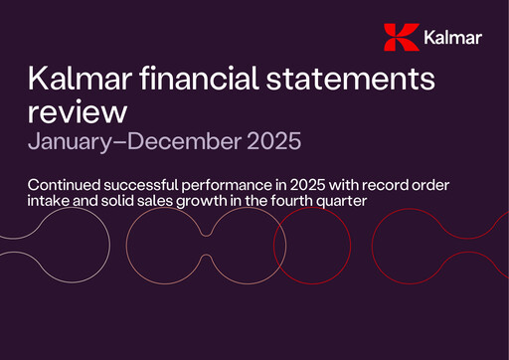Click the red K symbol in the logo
[x=399, y=38]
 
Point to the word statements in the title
[x=361, y=79]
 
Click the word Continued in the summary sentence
[x=67, y=185]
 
